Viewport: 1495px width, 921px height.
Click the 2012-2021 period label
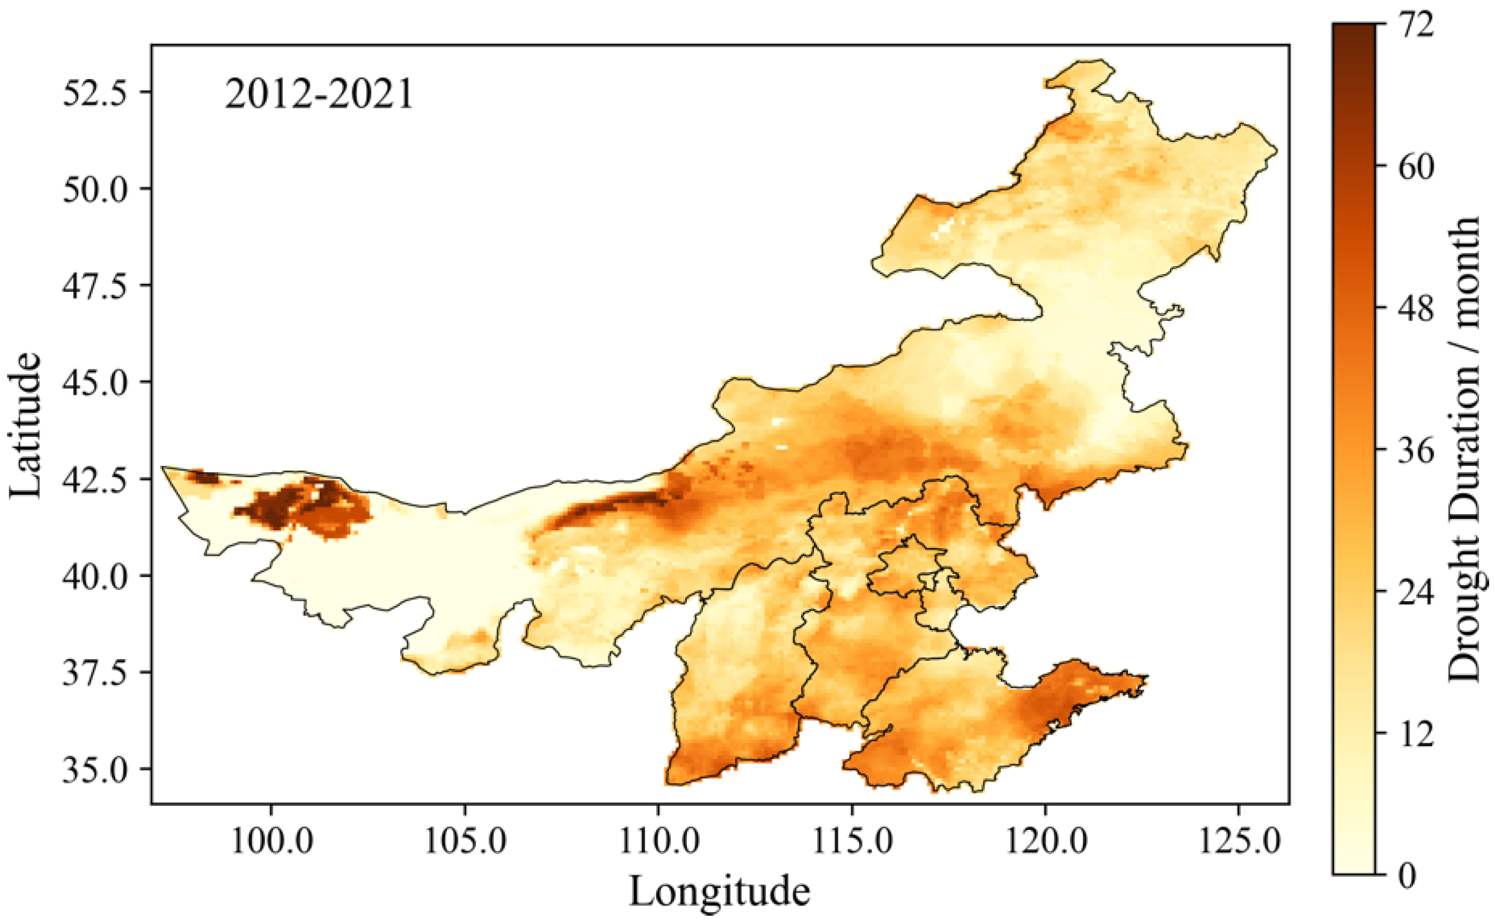(319, 95)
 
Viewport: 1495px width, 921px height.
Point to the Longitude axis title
(719, 891)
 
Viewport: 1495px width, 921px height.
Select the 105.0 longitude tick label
(465, 841)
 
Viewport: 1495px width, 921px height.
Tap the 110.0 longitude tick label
(659, 841)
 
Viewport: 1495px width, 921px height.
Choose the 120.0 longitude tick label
(1046, 841)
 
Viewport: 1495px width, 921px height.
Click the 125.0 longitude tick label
(1238, 841)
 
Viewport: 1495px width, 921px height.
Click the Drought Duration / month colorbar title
(1464, 449)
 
